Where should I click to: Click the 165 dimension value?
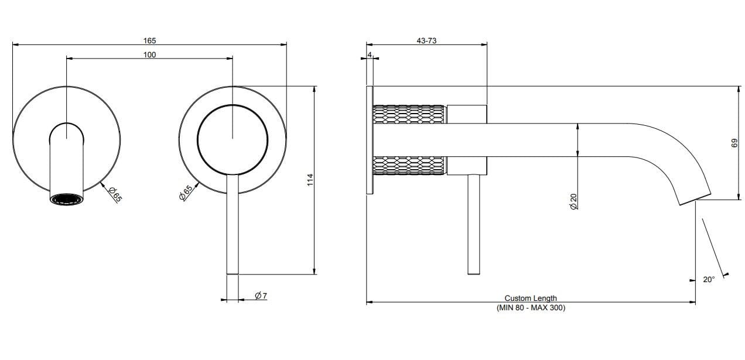pyautogui.click(x=149, y=40)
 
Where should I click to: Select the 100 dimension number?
pyautogui.click(x=149, y=54)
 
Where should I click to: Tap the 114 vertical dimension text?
pyautogui.click(x=310, y=180)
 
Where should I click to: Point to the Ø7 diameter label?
pyautogui.click(x=261, y=296)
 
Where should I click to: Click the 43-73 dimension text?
pyautogui.click(x=426, y=40)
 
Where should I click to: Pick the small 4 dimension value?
pyautogui.click(x=370, y=54)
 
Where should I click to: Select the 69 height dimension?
pyautogui.click(x=732, y=143)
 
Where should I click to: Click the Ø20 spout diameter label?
pyautogui.click(x=573, y=201)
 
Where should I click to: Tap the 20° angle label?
pyautogui.click(x=709, y=280)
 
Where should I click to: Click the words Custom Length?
pyautogui.click(x=531, y=299)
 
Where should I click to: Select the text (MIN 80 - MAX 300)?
pyautogui.click(x=531, y=307)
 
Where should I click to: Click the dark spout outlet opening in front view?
pyautogui.click(x=67, y=200)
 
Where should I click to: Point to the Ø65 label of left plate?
pyautogui.click(x=115, y=193)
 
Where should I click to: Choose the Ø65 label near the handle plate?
pyautogui.click(x=186, y=193)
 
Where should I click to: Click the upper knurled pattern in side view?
pyautogui.click(x=409, y=114)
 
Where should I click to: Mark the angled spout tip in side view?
pyautogui.click(x=695, y=198)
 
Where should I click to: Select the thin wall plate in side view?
pyautogui.click(x=369, y=140)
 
